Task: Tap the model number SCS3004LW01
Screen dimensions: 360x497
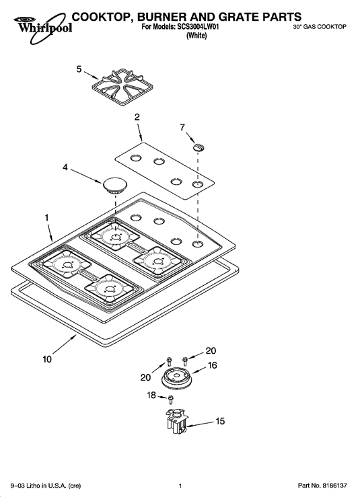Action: [x=197, y=27]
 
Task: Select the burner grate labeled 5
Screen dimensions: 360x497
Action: [x=118, y=86]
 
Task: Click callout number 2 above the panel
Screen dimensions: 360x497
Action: [x=137, y=117]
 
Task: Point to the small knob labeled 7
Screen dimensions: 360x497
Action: [x=199, y=147]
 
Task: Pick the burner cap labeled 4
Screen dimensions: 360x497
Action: [x=114, y=185]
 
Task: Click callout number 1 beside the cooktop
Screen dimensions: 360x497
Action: [x=46, y=218]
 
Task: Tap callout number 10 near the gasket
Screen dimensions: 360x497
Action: [x=47, y=359]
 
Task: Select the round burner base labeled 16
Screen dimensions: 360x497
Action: [x=177, y=377]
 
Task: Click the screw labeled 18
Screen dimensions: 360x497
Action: [x=171, y=399]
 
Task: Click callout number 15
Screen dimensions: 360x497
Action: [x=220, y=421]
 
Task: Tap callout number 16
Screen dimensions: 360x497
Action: [x=212, y=365]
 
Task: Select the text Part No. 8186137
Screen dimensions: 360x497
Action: [x=322, y=486]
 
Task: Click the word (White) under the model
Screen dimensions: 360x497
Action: [x=196, y=36]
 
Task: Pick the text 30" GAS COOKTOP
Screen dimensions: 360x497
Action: [x=320, y=27]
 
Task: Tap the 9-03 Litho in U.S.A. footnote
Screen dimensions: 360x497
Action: [x=46, y=486]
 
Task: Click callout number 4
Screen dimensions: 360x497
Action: [x=65, y=167]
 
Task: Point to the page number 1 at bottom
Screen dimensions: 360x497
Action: [x=180, y=486]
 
